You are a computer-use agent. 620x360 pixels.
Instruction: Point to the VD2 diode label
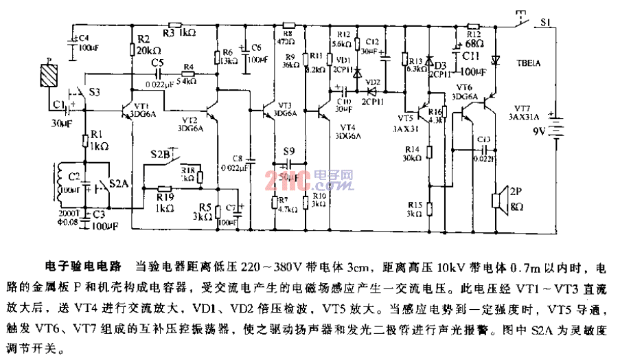click(x=372, y=82)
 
